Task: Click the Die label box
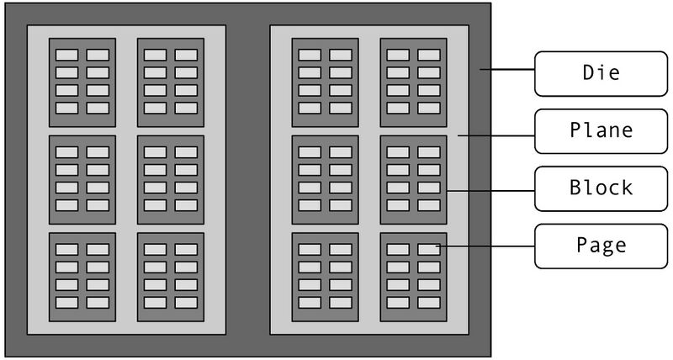click(x=601, y=72)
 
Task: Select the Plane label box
click(x=601, y=131)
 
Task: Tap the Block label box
click(x=601, y=188)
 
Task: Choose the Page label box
click(x=601, y=246)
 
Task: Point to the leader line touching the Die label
click(x=507, y=71)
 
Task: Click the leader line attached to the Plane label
click(x=496, y=133)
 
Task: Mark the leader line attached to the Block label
click(x=490, y=191)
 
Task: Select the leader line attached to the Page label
click(x=485, y=246)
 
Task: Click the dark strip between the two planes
click(x=247, y=179)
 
